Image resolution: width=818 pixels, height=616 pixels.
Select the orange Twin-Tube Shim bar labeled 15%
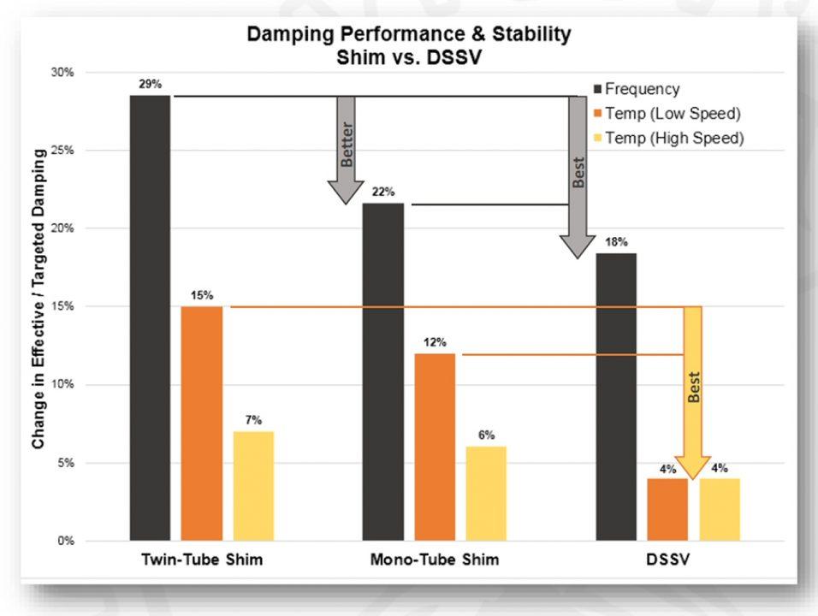[x=202, y=423]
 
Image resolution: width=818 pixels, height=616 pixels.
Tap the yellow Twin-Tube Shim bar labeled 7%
[x=253, y=486]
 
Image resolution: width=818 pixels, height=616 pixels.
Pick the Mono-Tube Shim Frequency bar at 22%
[x=383, y=372]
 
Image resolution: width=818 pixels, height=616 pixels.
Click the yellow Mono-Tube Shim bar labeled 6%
[x=486, y=494]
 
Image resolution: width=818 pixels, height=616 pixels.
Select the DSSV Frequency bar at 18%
[x=616, y=397]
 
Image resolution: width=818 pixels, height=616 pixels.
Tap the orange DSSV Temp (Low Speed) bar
[x=667, y=510]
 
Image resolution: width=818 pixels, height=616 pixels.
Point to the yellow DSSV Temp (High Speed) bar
[x=720, y=510]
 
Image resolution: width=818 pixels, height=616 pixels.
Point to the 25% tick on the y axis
[x=64, y=151]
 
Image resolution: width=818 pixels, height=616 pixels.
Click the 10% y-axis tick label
[x=64, y=385]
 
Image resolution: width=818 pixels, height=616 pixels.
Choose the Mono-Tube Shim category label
[x=435, y=561]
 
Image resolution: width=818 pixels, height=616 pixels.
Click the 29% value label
[x=150, y=84]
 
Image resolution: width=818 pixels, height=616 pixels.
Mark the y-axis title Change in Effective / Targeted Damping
[x=39, y=297]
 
